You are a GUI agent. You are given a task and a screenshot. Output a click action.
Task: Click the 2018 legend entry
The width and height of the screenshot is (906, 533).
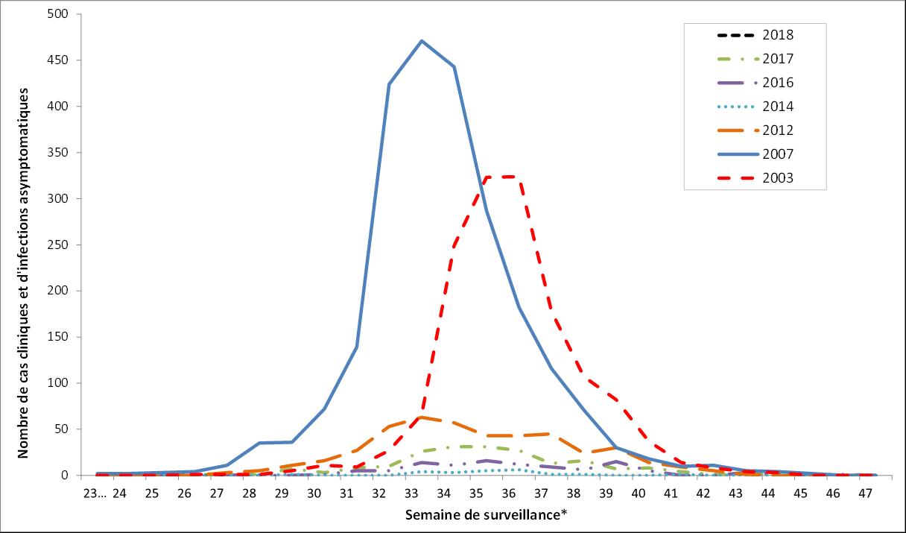777,35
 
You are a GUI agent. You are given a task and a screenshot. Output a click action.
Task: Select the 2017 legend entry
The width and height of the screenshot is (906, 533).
777,59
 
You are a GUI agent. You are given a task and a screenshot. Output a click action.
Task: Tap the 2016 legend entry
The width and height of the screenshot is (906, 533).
777,83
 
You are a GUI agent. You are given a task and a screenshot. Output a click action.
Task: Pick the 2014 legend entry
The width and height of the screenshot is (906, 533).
777,107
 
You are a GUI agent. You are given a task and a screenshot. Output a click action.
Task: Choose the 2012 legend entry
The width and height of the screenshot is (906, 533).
777,130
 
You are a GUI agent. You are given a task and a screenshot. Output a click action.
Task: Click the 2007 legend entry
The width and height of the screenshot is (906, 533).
777,154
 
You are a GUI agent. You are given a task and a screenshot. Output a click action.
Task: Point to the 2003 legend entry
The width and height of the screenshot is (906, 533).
777,178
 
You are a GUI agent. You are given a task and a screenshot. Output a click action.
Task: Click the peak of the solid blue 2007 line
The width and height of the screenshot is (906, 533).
422,41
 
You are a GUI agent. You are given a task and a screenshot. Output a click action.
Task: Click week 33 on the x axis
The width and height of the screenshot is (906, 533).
411,493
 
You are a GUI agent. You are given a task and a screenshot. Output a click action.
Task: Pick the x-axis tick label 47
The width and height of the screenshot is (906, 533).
864,493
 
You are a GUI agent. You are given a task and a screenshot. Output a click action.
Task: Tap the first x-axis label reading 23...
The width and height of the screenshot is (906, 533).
95,493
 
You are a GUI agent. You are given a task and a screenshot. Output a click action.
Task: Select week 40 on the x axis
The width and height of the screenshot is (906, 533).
638,493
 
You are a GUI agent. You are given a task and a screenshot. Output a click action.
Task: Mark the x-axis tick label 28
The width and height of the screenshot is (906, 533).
249,493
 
